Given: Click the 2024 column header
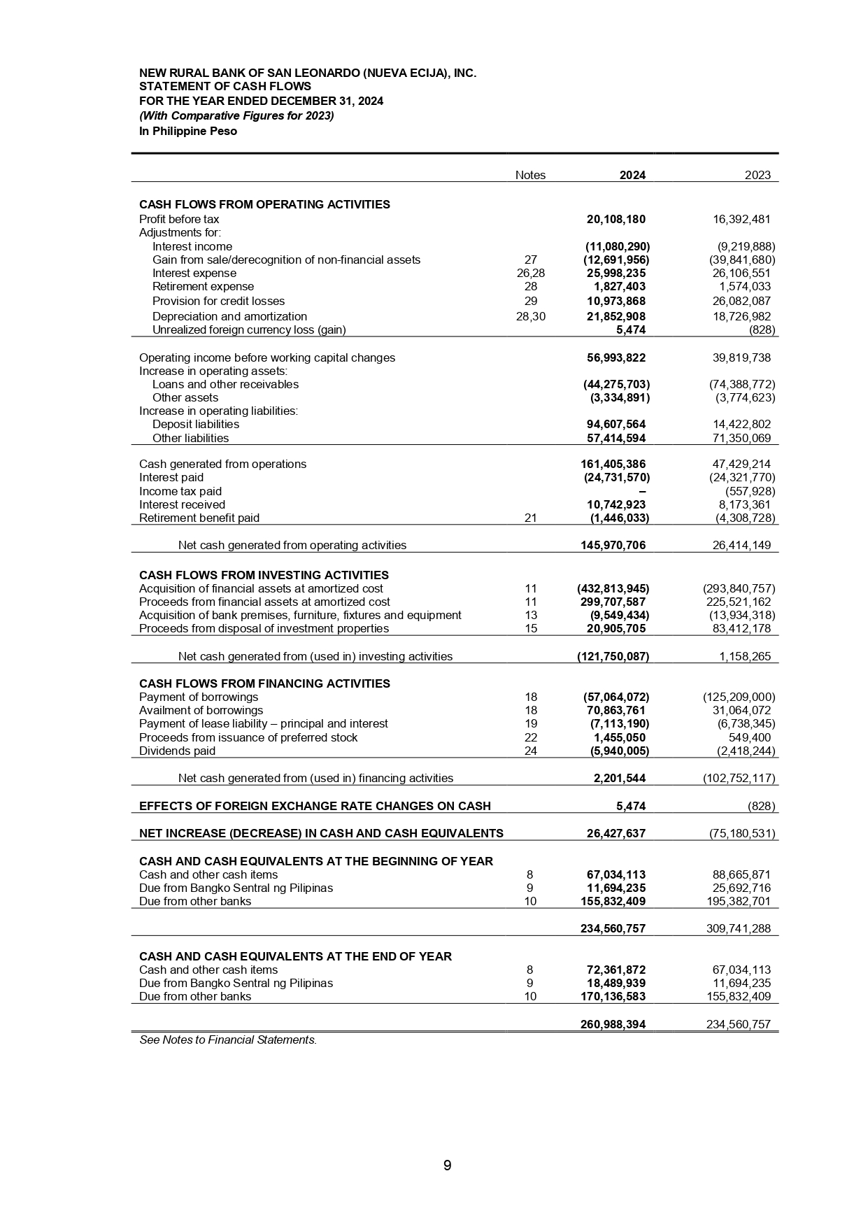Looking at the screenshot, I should [x=632, y=175].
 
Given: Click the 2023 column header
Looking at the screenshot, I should [x=757, y=175].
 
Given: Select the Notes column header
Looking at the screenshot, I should [x=529, y=175].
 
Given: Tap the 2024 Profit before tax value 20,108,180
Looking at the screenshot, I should [x=616, y=219].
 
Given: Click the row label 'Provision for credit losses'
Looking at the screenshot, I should [x=218, y=301].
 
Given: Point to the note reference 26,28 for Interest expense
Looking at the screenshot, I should [x=529, y=273].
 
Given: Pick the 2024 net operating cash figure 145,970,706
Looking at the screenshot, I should [x=613, y=545].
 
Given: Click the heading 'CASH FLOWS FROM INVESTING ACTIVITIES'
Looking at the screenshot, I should [x=264, y=575].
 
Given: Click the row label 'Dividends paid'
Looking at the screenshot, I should [x=177, y=751].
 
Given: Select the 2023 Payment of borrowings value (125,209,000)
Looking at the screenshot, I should [x=739, y=697].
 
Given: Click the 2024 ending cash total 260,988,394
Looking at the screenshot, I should [x=613, y=1024].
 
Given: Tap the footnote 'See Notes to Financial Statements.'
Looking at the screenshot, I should [x=228, y=1040].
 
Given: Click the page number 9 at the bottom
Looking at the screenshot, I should [x=447, y=1165].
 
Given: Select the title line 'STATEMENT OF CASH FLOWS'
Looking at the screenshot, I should [x=225, y=87].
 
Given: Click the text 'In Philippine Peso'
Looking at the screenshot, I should [x=188, y=132].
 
